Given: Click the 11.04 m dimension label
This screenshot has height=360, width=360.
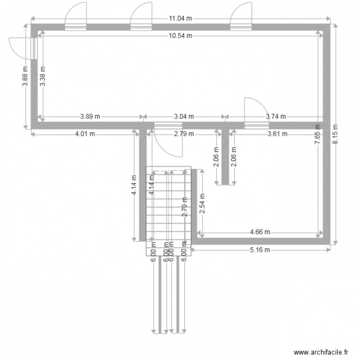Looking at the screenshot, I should pyautogui.click(x=180, y=19).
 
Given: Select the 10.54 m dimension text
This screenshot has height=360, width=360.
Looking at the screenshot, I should pyautogui.click(x=180, y=36).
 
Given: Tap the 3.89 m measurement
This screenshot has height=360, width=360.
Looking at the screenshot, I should pyautogui.click(x=90, y=116).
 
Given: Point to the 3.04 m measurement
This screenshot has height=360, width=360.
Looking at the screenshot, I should pyautogui.click(x=184, y=116).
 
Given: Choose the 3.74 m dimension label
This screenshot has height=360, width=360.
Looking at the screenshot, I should pyautogui.click(x=276, y=116).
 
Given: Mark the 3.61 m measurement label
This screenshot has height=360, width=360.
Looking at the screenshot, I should pyautogui.click(x=277, y=134).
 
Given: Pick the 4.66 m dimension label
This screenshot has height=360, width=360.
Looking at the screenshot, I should pyautogui.click(x=260, y=232).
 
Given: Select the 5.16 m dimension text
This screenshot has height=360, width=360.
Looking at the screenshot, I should pyautogui.click(x=260, y=250).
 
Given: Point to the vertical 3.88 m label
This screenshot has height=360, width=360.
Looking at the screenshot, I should pyautogui.click(x=25, y=76).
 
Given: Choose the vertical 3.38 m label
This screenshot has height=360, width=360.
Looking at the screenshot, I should pyautogui.click(x=42, y=76).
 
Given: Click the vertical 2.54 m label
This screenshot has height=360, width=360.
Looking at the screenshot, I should pyautogui.click(x=202, y=203).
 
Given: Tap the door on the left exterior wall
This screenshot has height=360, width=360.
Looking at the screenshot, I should pyautogui.click(x=24, y=48).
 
